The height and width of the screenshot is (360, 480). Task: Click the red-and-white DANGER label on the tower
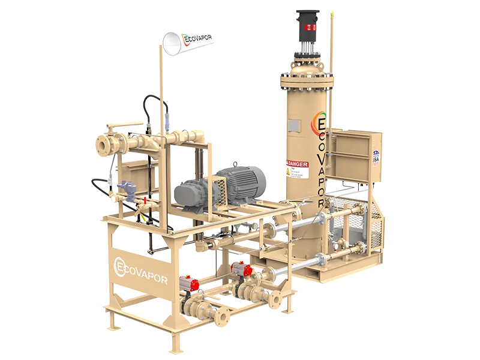point(296,164)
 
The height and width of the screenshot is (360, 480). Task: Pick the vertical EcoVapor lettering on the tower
point(321,162)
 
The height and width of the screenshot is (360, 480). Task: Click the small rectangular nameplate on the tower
point(294,125)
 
